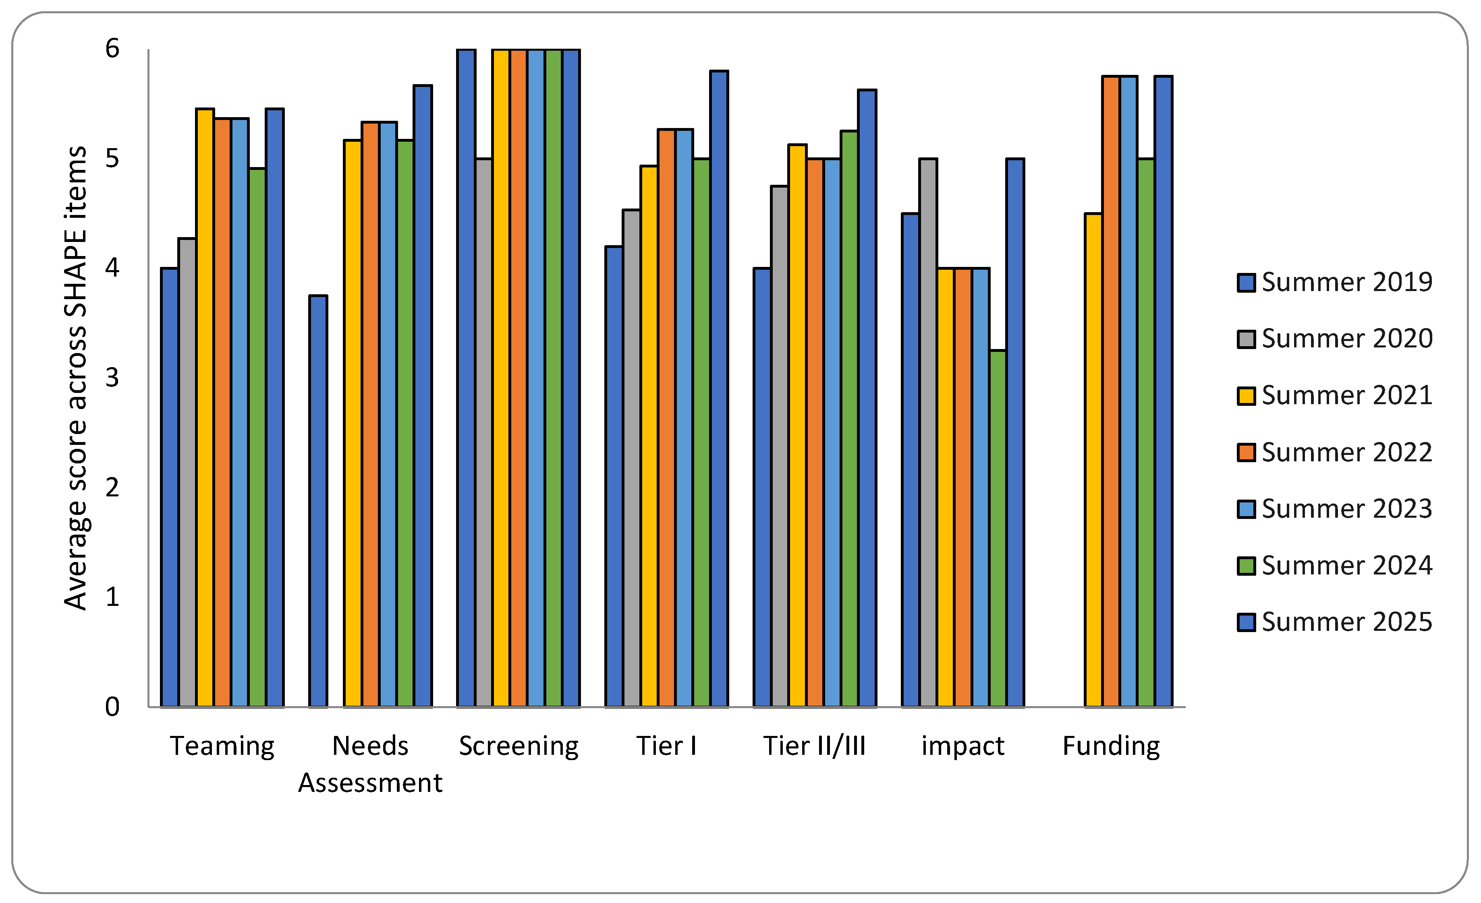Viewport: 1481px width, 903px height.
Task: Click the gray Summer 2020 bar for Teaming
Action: click(x=187, y=472)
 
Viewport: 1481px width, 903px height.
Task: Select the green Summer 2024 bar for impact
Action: click(x=998, y=528)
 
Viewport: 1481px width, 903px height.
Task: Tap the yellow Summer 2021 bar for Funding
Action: click(x=1093, y=460)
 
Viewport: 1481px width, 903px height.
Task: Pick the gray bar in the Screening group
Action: click(x=484, y=432)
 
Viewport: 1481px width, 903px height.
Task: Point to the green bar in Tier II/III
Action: click(x=849, y=418)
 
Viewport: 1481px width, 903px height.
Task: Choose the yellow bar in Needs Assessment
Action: click(x=353, y=423)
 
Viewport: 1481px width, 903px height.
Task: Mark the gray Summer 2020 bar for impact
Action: click(x=928, y=432)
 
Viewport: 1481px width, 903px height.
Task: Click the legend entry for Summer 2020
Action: click(x=1335, y=338)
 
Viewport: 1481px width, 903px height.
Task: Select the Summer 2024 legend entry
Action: click(x=1335, y=565)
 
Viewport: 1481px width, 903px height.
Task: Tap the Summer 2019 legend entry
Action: click(x=1335, y=282)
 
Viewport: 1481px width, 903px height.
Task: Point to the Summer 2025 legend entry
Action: click(x=1335, y=622)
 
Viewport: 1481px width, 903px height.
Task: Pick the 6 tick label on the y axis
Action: click(x=112, y=49)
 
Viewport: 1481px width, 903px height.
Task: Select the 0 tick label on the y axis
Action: click(x=112, y=707)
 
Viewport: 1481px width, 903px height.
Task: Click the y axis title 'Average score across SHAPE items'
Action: click(x=76, y=378)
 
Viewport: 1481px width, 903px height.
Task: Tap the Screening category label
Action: click(x=519, y=746)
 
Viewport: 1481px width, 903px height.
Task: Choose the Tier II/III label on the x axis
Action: click(x=815, y=746)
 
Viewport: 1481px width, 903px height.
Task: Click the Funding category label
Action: click(x=1111, y=746)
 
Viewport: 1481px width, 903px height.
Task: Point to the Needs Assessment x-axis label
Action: click(x=370, y=764)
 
